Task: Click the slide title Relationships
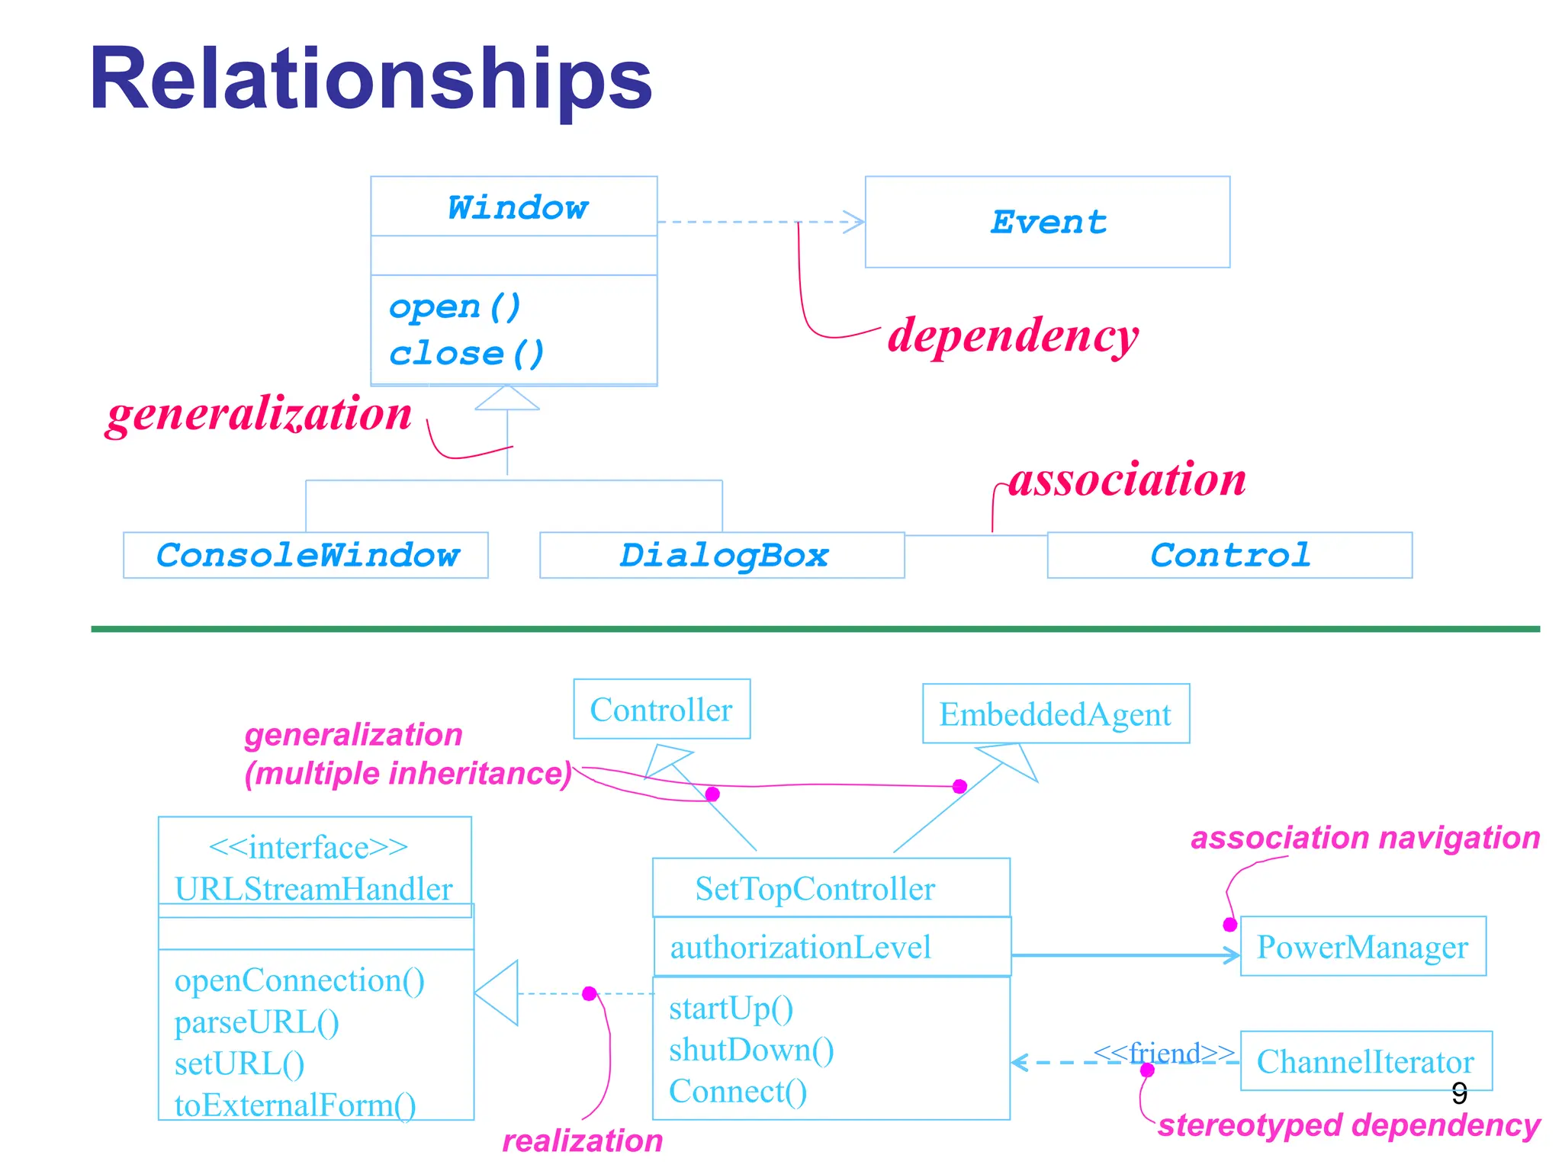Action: (x=371, y=79)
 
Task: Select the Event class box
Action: (x=1046, y=222)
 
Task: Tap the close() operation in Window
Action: (x=466, y=354)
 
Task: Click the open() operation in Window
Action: (x=455, y=306)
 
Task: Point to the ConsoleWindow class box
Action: (x=306, y=555)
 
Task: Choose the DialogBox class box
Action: (x=722, y=555)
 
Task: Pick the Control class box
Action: (x=1229, y=555)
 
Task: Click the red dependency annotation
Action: (x=1012, y=335)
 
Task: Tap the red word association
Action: (x=1127, y=480)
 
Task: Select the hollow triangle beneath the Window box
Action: (x=507, y=398)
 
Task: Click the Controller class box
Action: (x=661, y=709)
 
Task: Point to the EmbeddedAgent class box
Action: (x=1055, y=714)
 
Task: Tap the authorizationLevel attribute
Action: (x=800, y=947)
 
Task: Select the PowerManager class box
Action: (x=1362, y=946)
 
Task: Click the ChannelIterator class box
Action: (x=1365, y=1061)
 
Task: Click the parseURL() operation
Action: (x=256, y=1022)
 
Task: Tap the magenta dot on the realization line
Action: (x=589, y=993)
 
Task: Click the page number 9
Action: (x=1459, y=1093)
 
